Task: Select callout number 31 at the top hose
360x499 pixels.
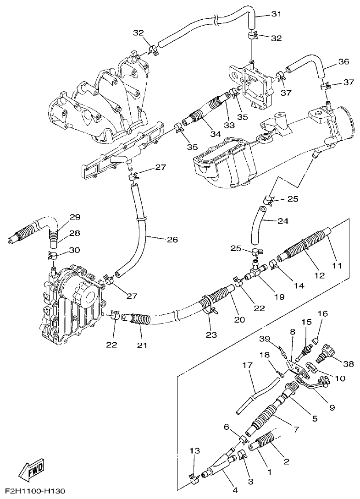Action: (x=276, y=14)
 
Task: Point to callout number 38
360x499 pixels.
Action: (x=348, y=364)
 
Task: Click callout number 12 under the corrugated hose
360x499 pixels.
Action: (x=320, y=275)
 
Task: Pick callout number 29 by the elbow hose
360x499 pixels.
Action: (x=75, y=217)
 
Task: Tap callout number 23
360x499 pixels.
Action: (x=211, y=335)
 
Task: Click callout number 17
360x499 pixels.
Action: (x=247, y=366)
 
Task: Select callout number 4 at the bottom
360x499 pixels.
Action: (x=235, y=490)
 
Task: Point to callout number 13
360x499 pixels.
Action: (x=195, y=451)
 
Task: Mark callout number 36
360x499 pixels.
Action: (x=343, y=61)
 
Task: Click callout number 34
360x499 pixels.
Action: (x=215, y=134)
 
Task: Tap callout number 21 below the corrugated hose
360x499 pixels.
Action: (x=142, y=345)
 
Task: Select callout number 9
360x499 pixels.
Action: (x=332, y=407)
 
